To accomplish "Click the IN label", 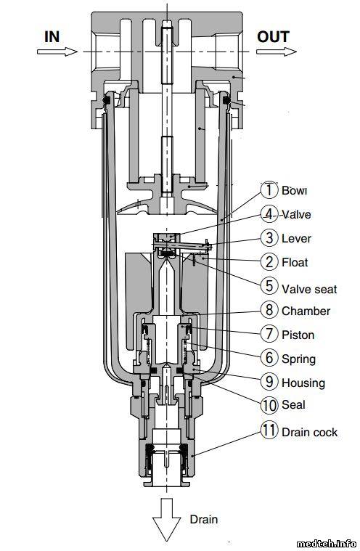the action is click(x=52, y=36).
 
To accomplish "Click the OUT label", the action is click(x=273, y=36).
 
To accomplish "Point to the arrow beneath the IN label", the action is click(x=57, y=52).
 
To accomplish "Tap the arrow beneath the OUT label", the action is click(x=277, y=52).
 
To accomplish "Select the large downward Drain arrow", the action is click(x=167, y=518).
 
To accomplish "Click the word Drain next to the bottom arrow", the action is click(x=204, y=519).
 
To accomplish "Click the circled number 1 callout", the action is click(x=269, y=189).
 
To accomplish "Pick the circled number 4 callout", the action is click(x=269, y=214).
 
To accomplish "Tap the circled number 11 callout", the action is click(x=269, y=430).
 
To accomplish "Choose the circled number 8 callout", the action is click(x=269, y=310).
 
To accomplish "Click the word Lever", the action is click(x=296, y=239).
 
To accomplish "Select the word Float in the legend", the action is click(x=295, y=263).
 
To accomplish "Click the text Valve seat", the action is click(x=309, y=289).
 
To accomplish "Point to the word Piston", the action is click(x=298, y=335).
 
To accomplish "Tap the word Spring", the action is click(x=299, y=359).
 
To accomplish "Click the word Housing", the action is click(x=303, y=383).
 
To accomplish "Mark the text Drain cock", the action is click(x=309, y=432).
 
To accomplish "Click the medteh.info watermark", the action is click(x=327, y=544).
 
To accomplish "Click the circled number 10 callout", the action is click(x=269, y=405).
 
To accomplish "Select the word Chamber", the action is click(x=306, y=311).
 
